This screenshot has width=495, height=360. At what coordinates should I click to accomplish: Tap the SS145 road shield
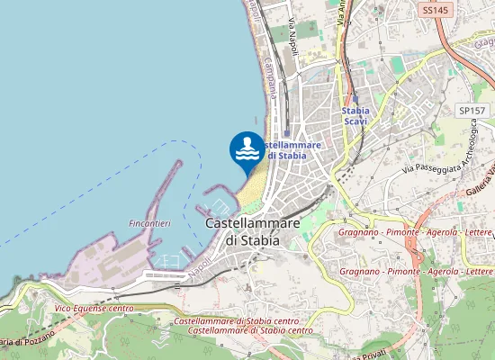pyautogui.click(x=435, y=10)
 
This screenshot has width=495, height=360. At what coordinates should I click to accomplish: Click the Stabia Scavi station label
pyautogui.click(x=355, y=116)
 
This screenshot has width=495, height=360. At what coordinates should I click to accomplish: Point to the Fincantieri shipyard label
pyautogui.click(x=149, y=222)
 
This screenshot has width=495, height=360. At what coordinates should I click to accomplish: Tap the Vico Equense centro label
pyautogui.click(x=94, y=309)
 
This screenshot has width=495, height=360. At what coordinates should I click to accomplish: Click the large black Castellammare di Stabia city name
pyautogui.click(x=251, y=231)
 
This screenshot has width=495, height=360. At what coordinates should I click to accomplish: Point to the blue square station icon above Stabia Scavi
pyautogui.click(x=355, y=99)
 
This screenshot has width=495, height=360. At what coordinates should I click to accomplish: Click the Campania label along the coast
pyautogui.click(x=269, y=77)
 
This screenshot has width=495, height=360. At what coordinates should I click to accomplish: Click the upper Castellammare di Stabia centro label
pyautogui.click(x=236, y=321)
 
